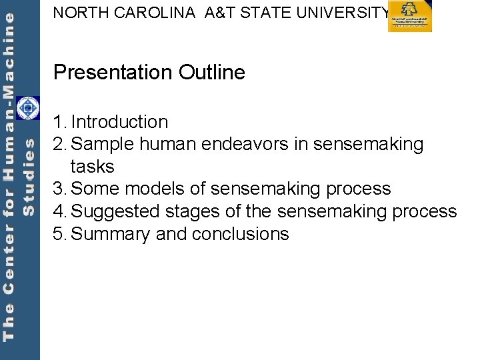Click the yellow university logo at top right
click(410, 17)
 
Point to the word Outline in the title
click(212, 72)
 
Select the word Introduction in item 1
click(119, 122)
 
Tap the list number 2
click(59, 144)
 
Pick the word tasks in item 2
click(92, 167)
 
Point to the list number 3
click(59, 189)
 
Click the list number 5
click(59, 234)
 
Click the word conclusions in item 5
click(240, 234)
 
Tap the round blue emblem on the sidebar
click(27, 109)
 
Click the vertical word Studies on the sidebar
click(29, 177)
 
